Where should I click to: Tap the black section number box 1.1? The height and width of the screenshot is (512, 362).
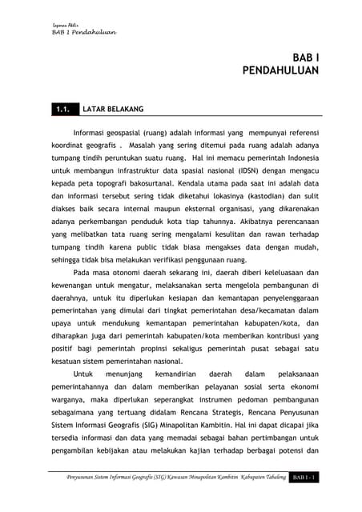click(x=61, y=106)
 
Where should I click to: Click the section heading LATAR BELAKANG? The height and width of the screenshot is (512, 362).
click(x=114, y=106)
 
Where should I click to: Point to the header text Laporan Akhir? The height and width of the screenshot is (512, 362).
click(x=56, y=24)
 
